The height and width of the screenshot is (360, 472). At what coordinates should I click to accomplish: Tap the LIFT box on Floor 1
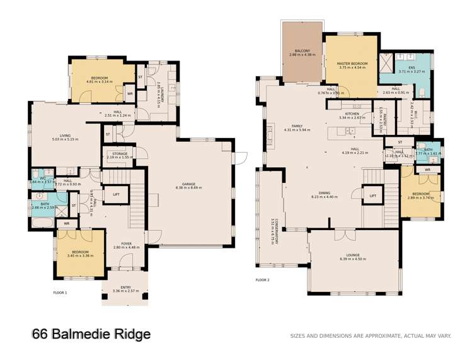click(x=116, y=195)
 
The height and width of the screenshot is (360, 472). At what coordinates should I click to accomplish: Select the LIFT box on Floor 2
click(x=372, y=196)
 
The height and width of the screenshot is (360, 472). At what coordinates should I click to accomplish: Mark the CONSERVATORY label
click(x=272, y=231)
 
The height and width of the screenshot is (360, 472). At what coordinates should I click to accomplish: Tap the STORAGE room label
click(x=120, y=154)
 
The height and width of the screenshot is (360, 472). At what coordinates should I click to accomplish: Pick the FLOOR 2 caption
click(x=262, y=279)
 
